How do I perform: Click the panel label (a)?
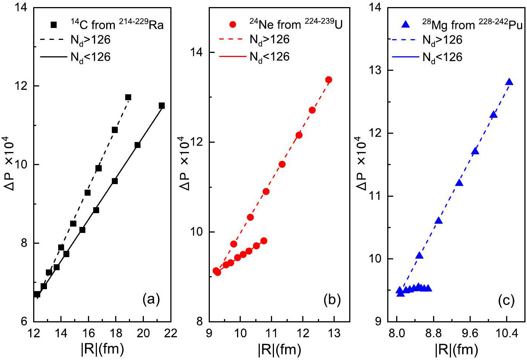151,300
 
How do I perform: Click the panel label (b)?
332,300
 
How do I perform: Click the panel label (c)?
506,300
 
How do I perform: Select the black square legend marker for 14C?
54,25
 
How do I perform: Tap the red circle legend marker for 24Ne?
233,25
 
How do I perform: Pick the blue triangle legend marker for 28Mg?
406,25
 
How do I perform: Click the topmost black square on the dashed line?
128,97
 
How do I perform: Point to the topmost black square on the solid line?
162,106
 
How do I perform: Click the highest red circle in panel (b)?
329,80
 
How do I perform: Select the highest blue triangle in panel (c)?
509,82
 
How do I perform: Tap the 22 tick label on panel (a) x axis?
171,333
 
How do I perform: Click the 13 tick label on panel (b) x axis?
334,333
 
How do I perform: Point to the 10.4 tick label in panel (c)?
507,333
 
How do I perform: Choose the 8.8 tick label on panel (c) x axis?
433,333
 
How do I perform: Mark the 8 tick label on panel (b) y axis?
199,321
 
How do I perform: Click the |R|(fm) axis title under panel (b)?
279,350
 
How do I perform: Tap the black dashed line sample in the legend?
53,40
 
